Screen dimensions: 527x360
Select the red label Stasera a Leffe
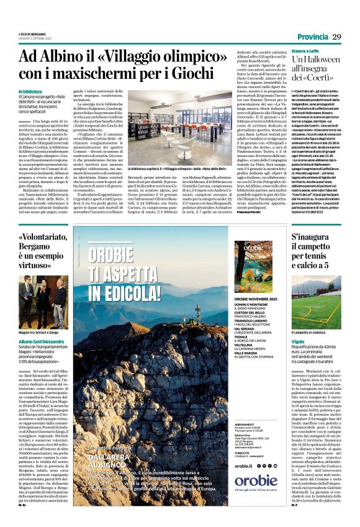coord(310,51)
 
